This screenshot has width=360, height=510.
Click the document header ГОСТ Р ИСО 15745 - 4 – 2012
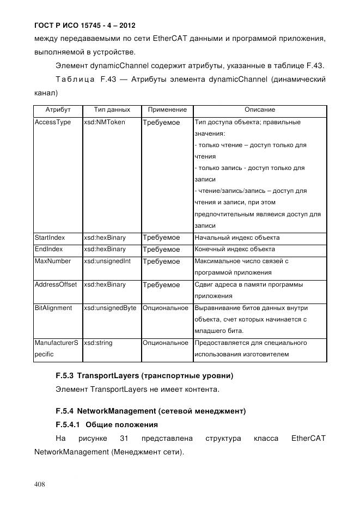tap(84, 26)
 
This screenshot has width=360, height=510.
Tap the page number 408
tap(40, 484)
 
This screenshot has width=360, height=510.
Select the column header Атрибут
tap(58, 110)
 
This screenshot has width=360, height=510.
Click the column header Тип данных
tap(112, 110)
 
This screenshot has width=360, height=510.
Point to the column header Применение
tap(167, 110)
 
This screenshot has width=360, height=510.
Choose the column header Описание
tap(259, 110)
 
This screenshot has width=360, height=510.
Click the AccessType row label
tap(53, 122)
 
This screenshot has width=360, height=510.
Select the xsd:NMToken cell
tap(104, 122)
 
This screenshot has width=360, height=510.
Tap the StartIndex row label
tap(50, 238)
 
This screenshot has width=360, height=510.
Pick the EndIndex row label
tap(49, 249)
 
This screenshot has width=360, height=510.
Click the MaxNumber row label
tap(52, 261)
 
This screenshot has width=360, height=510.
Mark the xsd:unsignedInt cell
tap(107, 261)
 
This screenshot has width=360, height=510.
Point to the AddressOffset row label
tap(56, 284)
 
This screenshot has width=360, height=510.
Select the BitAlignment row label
tap(53, 308)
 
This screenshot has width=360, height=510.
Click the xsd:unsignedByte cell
tap(110, 308)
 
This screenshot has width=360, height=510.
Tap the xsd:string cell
tap(97, 343)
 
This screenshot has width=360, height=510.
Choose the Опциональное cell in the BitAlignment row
tap(166, 308)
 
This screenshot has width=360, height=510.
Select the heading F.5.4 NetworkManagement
tap(151, 411)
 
